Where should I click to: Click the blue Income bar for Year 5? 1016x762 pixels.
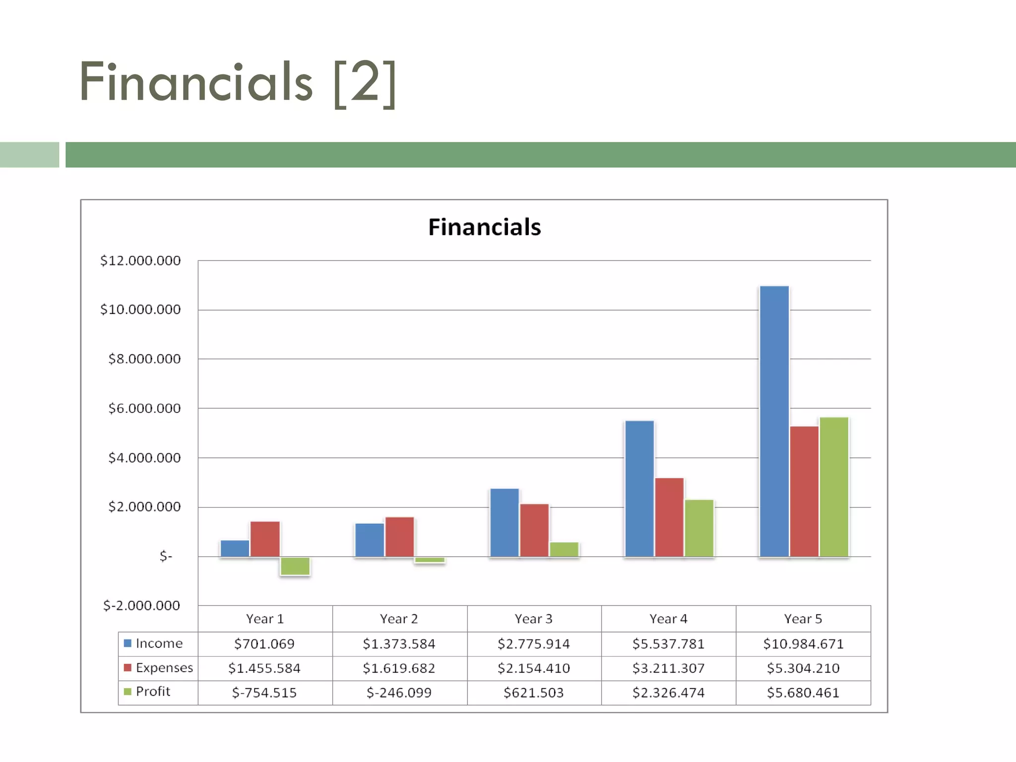(774, 422)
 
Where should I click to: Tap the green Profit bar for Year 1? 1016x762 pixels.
(295, 566)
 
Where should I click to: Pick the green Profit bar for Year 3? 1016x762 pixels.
(564, 549)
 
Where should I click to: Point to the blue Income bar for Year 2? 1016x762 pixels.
(370, 540)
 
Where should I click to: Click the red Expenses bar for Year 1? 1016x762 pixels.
(265, 539)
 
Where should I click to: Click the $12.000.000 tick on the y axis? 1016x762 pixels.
(140, 260)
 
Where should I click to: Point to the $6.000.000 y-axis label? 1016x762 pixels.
(144, 408)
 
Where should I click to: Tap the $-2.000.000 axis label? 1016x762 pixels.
(141, 605)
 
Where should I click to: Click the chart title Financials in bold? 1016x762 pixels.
(484, 227)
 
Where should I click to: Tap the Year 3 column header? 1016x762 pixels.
(533, 619)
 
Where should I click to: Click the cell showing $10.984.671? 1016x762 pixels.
(803, 644)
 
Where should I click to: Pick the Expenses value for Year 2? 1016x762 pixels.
(399, 668)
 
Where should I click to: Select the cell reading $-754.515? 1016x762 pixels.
(264, 693)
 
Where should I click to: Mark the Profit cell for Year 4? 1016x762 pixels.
(668, 693)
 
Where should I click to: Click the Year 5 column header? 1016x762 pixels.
(803, 619)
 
